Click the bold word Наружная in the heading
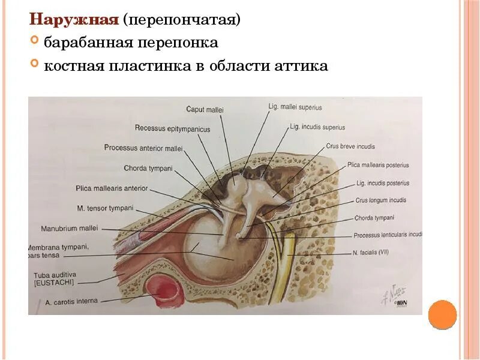[x=73, y=20]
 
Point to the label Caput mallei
[x=204, y=110]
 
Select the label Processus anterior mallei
[x=143, y=148]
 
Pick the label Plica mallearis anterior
[x=112, y=188]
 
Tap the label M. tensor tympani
[x=106, y=208]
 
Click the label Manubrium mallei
[x=69, y=229]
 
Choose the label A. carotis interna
[x=71, y=301]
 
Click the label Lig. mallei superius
[x=295, y=107]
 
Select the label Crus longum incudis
[x=381, y=200]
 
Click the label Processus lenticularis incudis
[x=388, y=236]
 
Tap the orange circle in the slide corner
[x=443, y=314]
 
